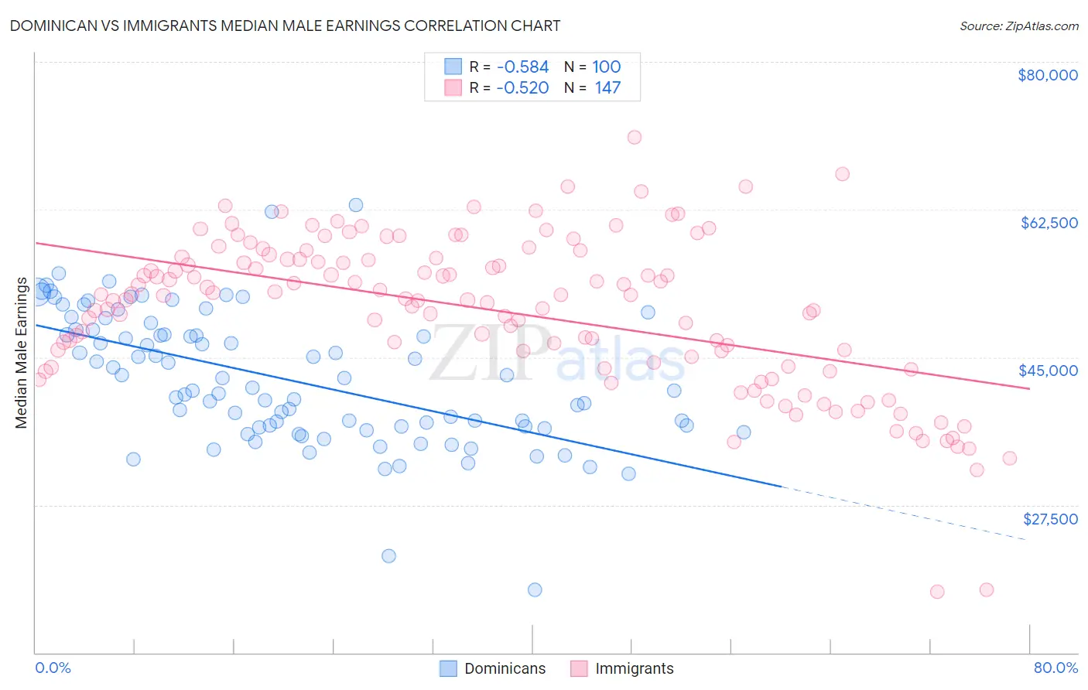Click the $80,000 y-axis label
click(1047, 75)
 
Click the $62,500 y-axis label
click(1049, 223)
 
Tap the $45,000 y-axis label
click(1048, 371)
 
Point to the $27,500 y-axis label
click(1049, 519)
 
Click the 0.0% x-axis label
click(53, 668)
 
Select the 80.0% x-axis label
click(1055, 668)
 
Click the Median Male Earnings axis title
click(22, 352)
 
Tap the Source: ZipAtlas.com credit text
click(1018, 26)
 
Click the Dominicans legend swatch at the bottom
click(448, 668)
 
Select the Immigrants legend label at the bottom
click(634, 668)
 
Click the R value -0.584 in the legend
click(522, 67)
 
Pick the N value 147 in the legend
click(607, 88)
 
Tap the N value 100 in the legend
click(607, 67)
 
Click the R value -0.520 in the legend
click(522, 88)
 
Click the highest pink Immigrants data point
click(635, 137)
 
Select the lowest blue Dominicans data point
click(535, 589)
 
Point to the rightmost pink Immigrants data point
click(1009, 458)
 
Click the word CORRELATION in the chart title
click(453, 26)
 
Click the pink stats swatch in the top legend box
click(453, 88)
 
